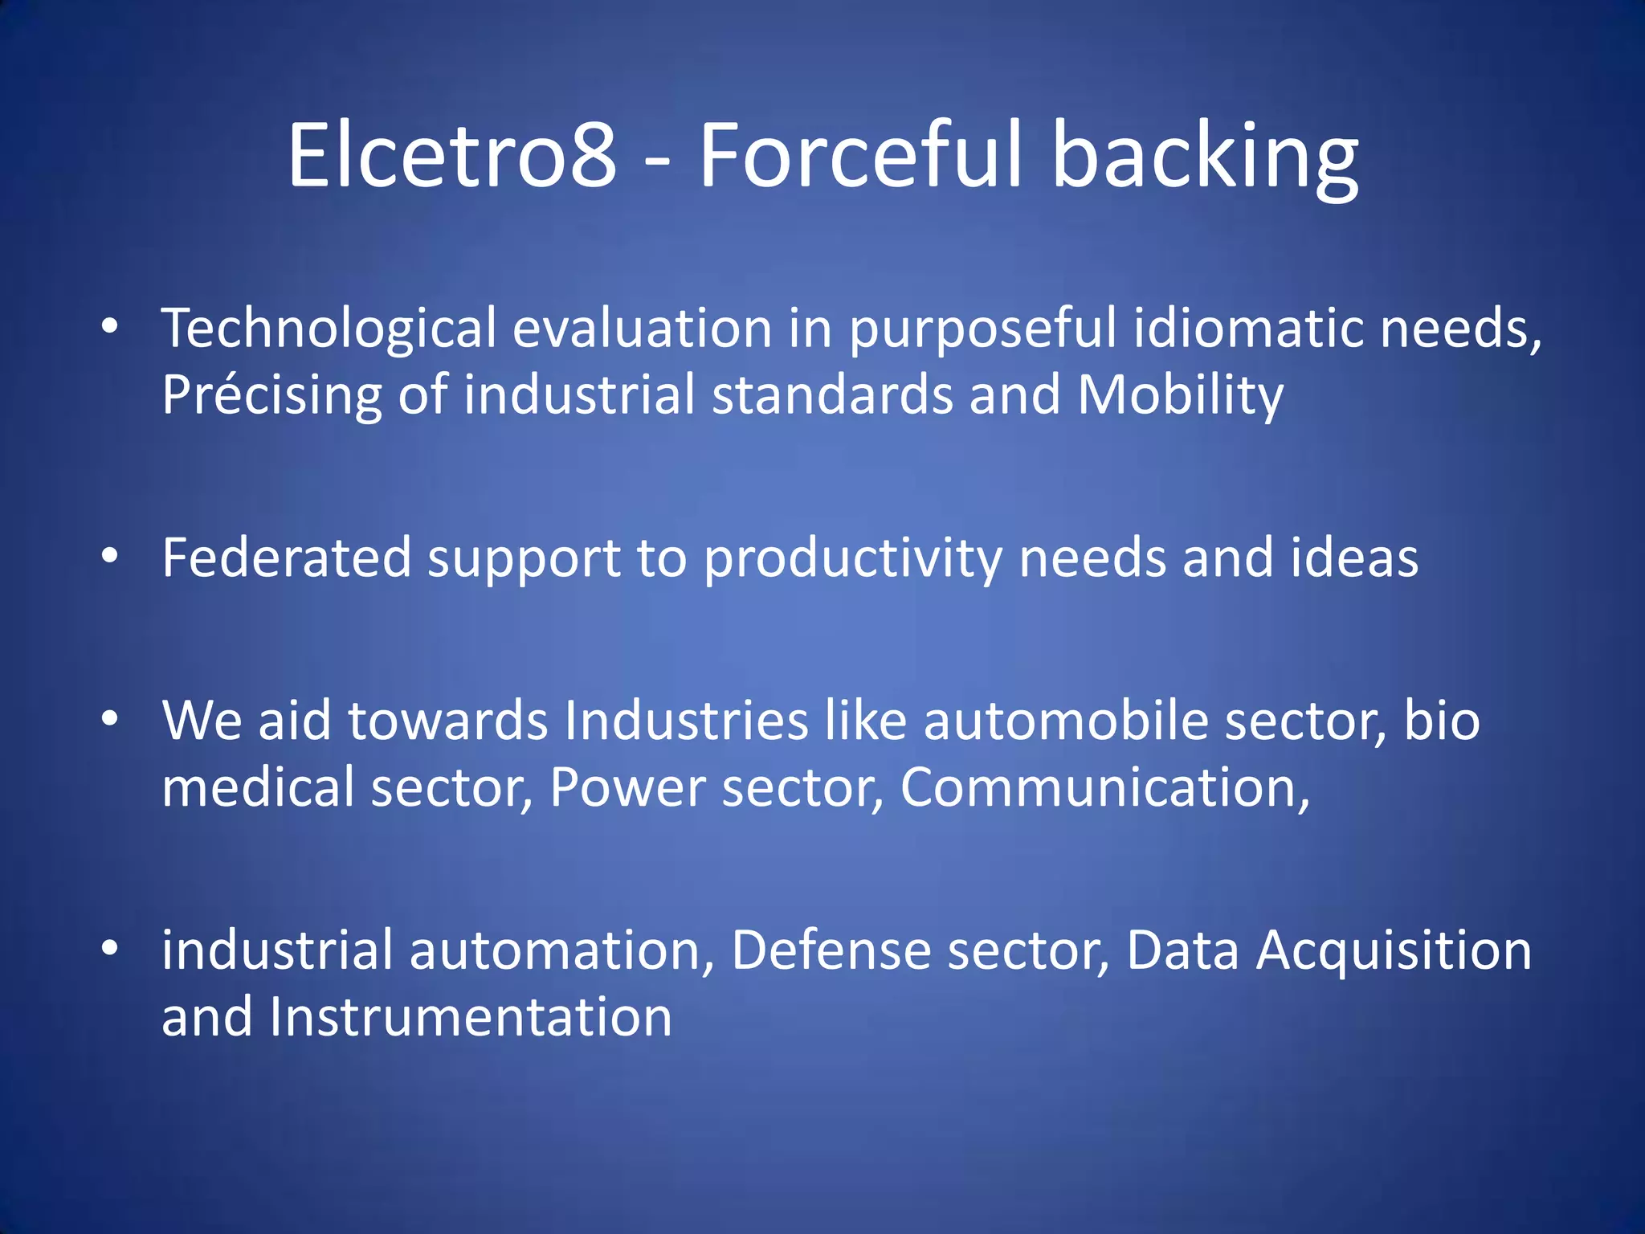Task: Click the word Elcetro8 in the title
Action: coord(452,154)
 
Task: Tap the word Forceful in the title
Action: coord(861,154)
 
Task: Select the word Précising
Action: coord(271,395)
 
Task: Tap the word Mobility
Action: coord(1180,395)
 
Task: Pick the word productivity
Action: coord(852,559)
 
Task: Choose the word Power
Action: coord(627,787)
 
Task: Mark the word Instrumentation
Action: coord(471,1017)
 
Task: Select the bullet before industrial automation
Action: coord(110,948)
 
